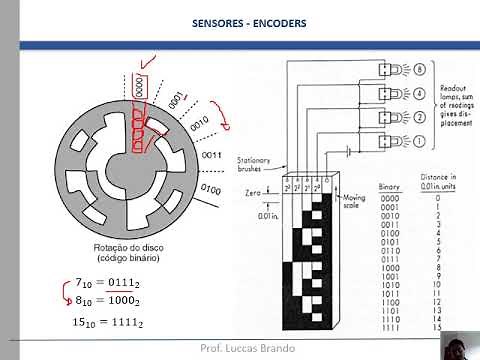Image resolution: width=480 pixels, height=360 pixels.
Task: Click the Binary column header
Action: [x=391, y=187]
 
